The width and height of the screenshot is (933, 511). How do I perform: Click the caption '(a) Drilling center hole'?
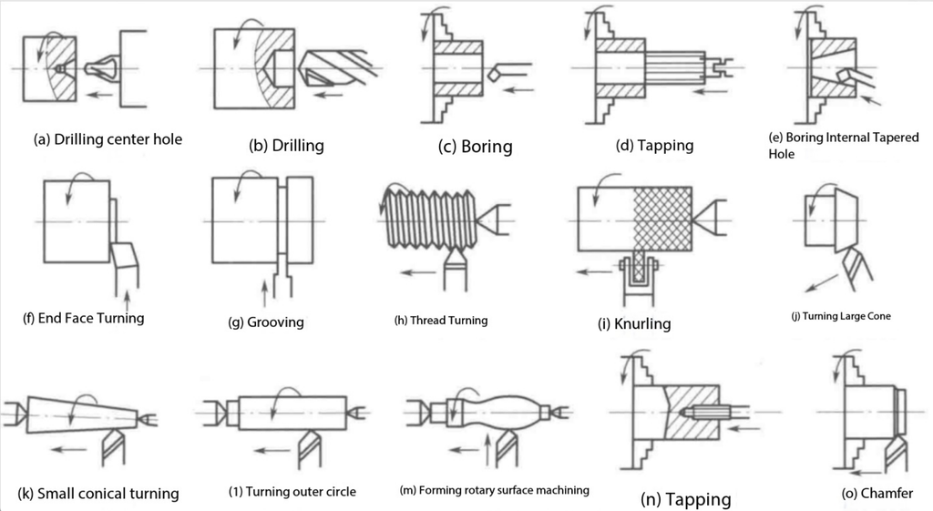108,139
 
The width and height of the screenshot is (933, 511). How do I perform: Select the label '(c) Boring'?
475,147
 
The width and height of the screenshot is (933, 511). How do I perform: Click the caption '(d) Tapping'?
654,146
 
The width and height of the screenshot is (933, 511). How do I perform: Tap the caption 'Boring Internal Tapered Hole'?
843,145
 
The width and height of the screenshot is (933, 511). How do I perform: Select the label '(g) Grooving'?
265,322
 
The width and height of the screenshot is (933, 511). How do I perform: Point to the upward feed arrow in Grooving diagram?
265,293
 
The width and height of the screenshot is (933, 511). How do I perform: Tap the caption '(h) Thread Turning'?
441,321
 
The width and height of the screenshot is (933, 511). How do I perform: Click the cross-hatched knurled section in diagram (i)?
661,219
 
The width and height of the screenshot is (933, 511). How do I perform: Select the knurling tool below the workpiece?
638,281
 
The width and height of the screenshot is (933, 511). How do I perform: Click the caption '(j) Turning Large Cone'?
841,316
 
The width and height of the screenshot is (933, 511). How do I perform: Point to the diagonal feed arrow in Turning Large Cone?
823,282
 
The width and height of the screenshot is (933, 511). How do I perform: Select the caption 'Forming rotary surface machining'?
503,490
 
